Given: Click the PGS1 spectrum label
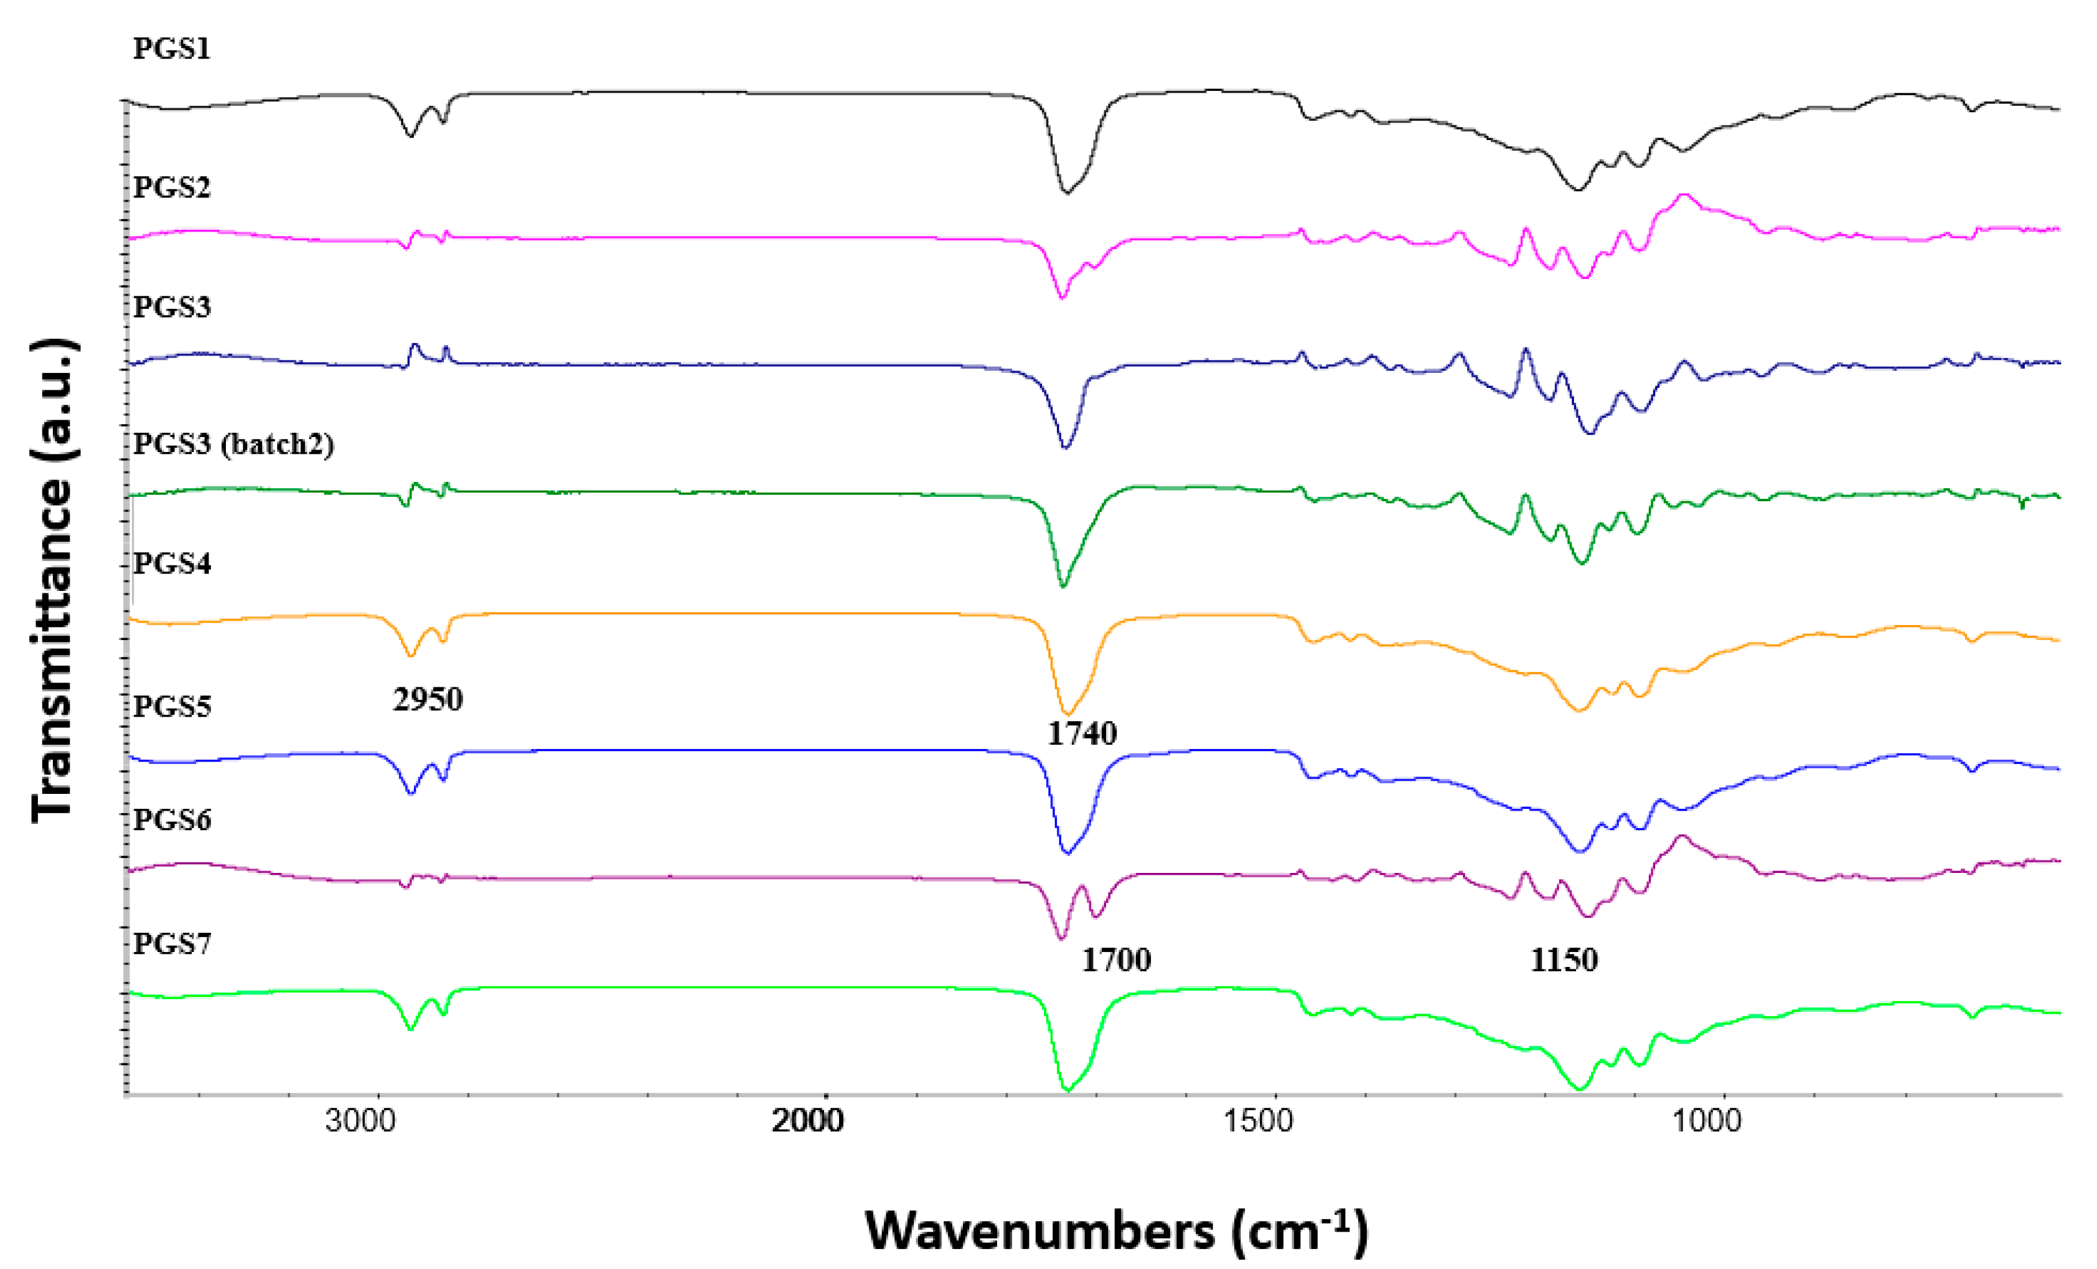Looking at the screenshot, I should point(171,49).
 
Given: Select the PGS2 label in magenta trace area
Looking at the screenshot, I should point(171,186).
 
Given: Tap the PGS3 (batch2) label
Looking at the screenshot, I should point(233,443).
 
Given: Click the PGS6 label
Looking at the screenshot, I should point(171,819).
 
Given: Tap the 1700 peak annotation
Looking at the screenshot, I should point(1116,960).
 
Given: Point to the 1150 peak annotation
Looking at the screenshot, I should point(1564,960).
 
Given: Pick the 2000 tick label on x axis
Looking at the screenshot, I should point(808,1121).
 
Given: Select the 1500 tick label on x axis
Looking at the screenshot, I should point(1258,1121).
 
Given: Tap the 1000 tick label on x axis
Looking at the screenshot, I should point(1706,1121).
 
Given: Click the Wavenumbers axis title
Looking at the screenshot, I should point(1116,1230).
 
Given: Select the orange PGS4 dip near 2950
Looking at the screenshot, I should point(411,655).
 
